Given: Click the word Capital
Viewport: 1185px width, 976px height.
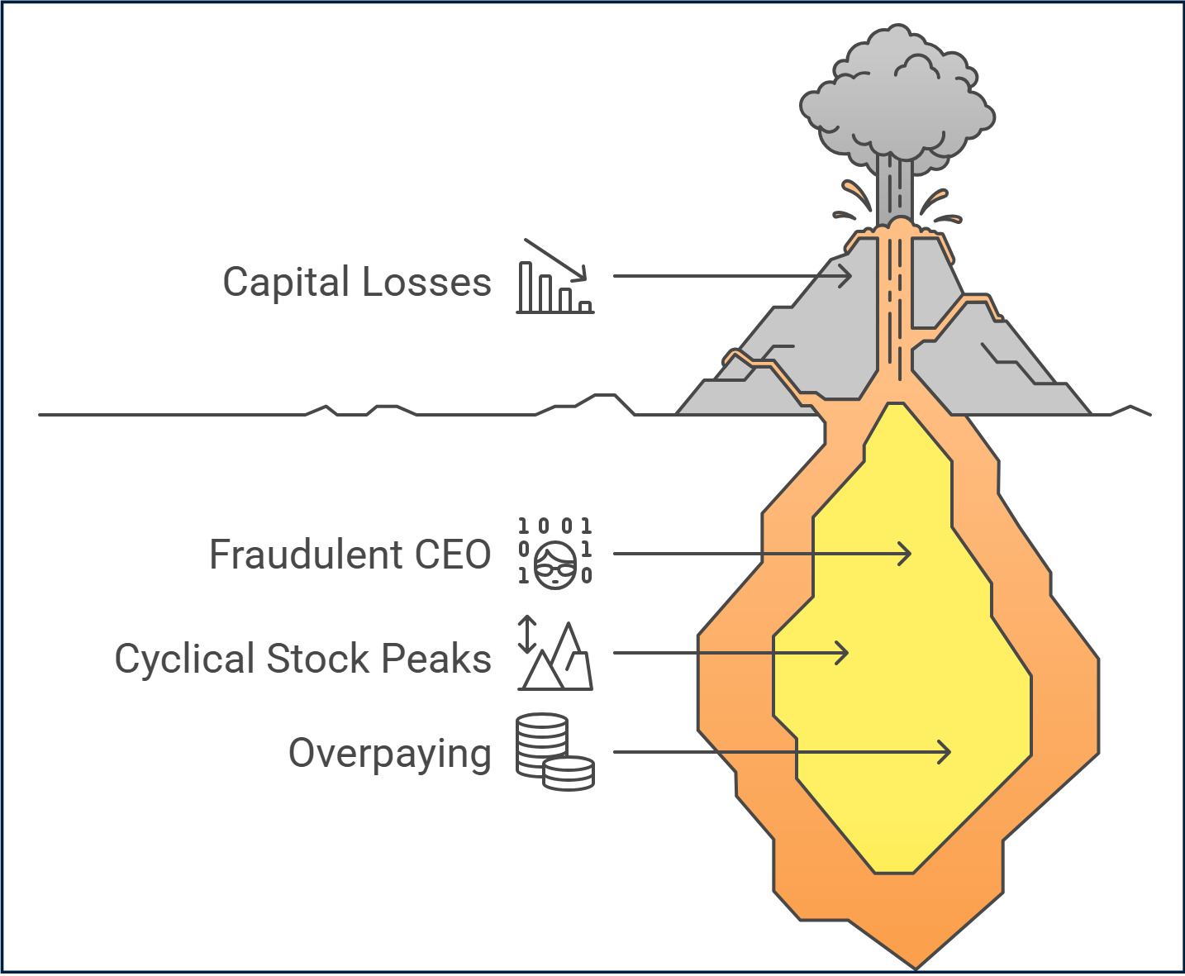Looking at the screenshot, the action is point(287,283).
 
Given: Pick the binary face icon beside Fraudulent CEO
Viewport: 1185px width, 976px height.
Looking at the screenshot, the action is point(554,553).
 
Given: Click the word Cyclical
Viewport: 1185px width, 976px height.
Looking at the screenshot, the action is point(184,659).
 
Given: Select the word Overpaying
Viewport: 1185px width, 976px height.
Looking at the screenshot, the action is point(389,754).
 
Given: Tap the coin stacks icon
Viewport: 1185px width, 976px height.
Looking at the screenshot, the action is point(554,752).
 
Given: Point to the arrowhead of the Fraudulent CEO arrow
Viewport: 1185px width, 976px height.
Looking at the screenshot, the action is point(907,553).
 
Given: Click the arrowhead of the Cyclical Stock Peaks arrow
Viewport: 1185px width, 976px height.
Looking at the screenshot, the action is point(844,653).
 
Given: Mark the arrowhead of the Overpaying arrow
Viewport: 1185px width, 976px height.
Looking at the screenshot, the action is point(946,752).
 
